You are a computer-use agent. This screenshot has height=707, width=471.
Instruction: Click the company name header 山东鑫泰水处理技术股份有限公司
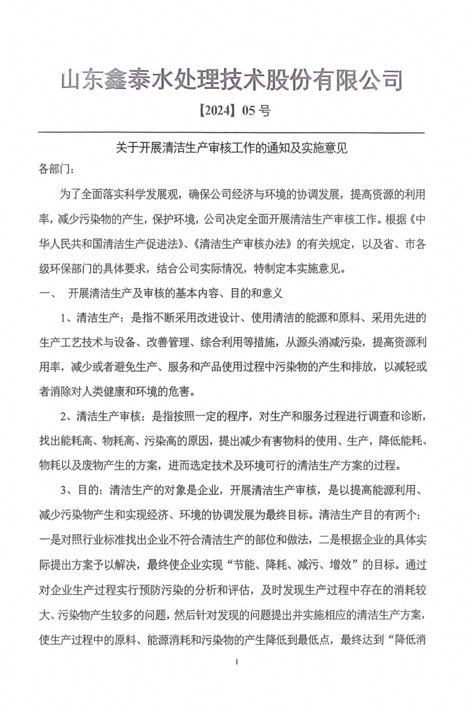(231, 80)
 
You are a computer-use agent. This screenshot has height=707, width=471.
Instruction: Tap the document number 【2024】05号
(234, 111)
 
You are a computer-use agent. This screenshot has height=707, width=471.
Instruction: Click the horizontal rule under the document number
(231, 132)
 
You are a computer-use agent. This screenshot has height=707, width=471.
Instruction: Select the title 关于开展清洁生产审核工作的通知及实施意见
(231, 148)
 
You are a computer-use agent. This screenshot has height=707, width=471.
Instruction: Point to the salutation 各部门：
(56, 169)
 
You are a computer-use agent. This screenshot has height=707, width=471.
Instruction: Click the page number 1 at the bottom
(236, 662)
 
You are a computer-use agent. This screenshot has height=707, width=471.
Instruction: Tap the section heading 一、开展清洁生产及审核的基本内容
(161, 293)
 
